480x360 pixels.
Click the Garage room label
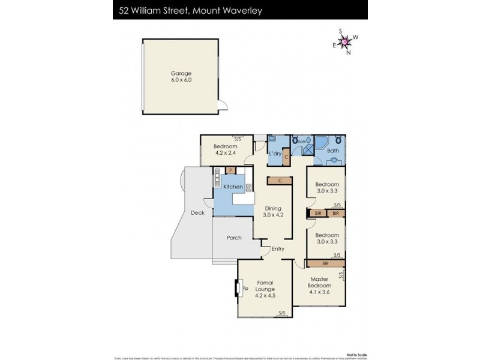point(181,77)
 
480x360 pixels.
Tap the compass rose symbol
point(346,41)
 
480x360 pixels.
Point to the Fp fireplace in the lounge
point(239,289)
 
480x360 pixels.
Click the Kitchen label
point(233,187)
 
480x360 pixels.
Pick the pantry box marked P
point(230,170)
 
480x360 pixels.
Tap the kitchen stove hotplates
point(248,187)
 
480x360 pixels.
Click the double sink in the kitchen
point(217,178)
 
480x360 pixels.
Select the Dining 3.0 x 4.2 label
point(272,212)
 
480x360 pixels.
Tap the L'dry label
point(275,154)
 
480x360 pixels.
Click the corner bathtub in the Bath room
point(322,144)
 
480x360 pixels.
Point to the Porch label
point(234,238)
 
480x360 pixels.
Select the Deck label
point(197,212)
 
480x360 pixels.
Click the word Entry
point(278,249)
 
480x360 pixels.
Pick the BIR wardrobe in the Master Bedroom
point(325,263)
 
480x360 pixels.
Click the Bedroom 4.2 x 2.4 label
point(226,149)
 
